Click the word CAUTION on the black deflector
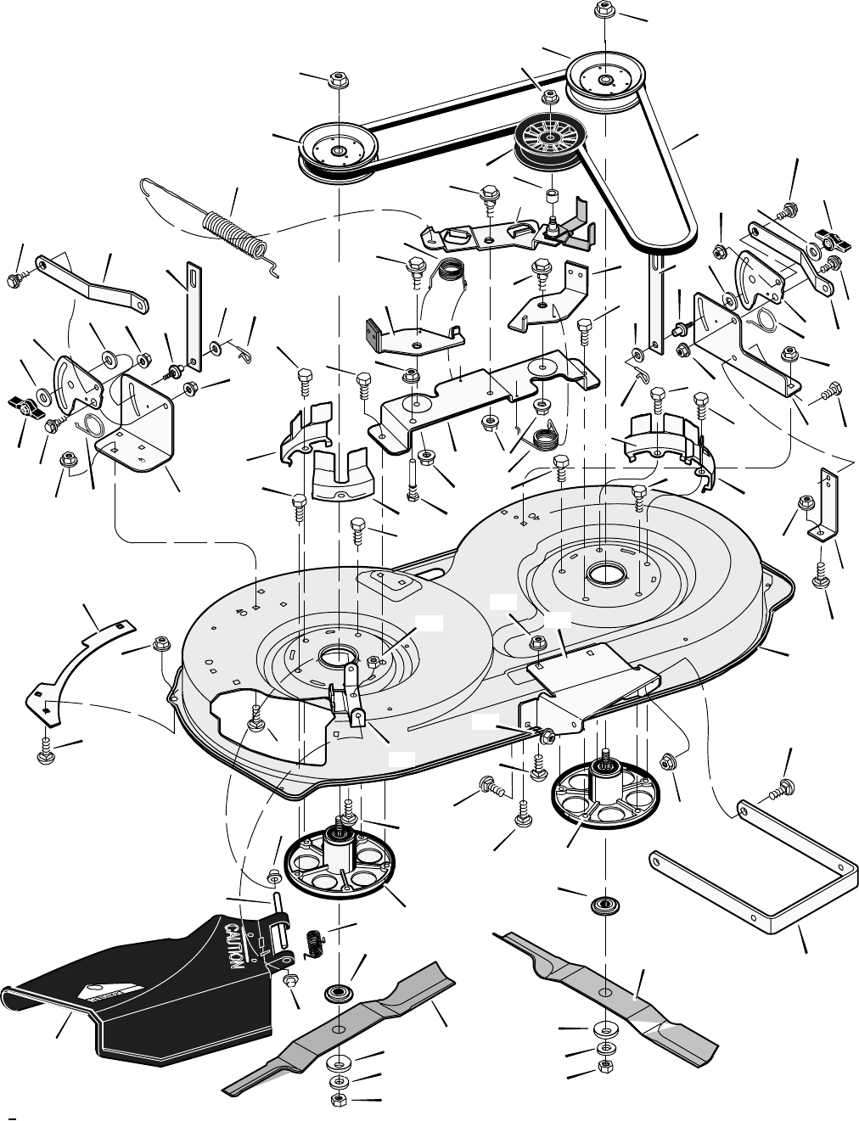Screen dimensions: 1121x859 [x=235, y=944]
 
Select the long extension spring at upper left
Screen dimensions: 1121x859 [x=234, y=230]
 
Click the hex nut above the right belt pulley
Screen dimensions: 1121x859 [x=604, y=11]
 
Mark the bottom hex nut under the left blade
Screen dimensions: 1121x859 [x=337, y=1100]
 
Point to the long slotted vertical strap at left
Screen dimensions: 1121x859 [x=194, y=317]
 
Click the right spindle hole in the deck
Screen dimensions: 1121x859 [x=604, y=574]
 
